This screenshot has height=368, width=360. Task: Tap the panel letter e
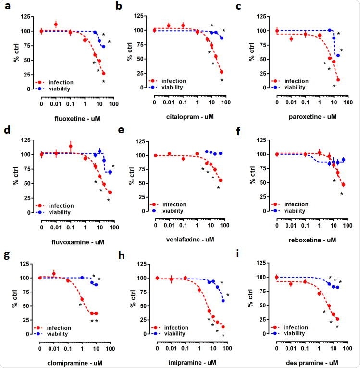[x=128, y=130]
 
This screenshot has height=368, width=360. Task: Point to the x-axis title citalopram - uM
[x=190, y=116]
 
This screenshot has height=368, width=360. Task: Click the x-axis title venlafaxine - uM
[x=190, y=239]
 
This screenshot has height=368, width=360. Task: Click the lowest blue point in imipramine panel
[x=223, y=301]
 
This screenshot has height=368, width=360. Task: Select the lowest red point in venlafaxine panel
[x=221, y=181]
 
